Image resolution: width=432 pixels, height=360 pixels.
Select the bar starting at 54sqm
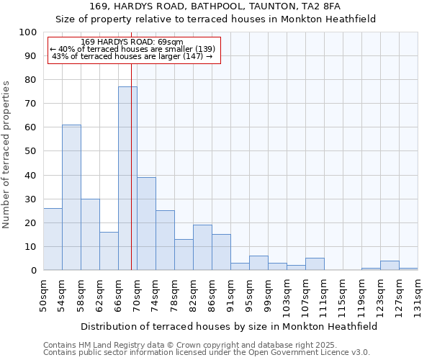click(x=71, y=197)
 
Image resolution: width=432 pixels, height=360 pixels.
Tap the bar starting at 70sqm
click(x=146, y=224)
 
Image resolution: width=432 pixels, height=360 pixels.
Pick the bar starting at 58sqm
click(x=90, y=235)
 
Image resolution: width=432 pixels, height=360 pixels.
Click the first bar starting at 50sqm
click(x=53, y=239)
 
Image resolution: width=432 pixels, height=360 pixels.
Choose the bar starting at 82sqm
click(x=202, y=248)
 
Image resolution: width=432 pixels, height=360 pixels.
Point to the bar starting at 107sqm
click(x=315, y=264)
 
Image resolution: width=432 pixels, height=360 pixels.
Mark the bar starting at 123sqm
click(x=390, y=266)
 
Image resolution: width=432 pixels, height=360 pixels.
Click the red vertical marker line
click(x=131, y=180)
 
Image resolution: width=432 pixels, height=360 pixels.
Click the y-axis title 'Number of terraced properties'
click(x=6, y=154)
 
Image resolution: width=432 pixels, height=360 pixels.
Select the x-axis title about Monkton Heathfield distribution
click(x=230, y=326)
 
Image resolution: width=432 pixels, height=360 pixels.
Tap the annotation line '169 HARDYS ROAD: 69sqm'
click(x=132, y=42)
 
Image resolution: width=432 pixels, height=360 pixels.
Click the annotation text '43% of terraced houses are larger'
click(x=132, y=56)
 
